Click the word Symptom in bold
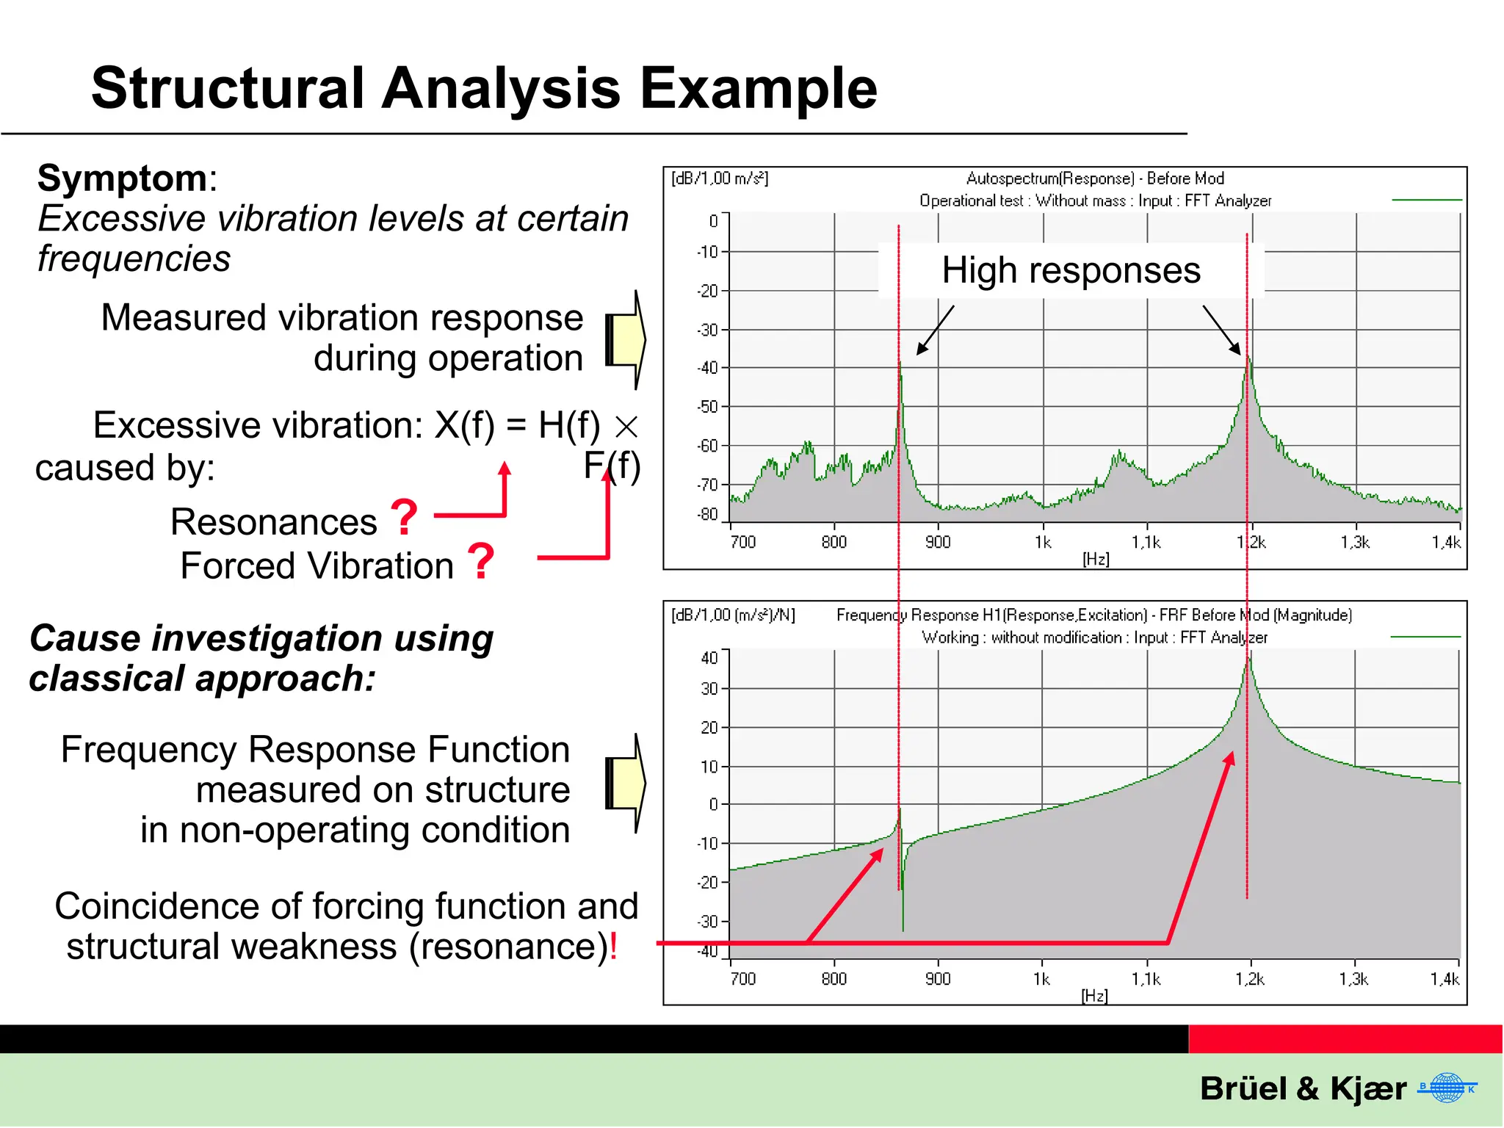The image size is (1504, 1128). click(122, 178)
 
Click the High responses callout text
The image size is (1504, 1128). click(1071, 270)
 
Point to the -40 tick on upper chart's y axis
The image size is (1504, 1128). click(708, 368)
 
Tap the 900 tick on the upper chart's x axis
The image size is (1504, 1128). click(938, 543)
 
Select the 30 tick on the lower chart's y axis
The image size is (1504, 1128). click(709, 689)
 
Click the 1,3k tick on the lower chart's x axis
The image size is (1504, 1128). click(1353, 979)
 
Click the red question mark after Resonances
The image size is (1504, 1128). click(404, 517)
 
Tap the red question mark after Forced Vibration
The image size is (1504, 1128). click(480, 562)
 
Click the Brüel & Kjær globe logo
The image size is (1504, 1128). click(1447, 1088)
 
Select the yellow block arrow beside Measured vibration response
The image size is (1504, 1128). click(626, 340)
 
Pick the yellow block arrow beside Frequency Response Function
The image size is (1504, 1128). click(626, 784)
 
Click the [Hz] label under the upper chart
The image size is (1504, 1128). click(1096, 560)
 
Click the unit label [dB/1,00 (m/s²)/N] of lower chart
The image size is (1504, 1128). click(733, 615)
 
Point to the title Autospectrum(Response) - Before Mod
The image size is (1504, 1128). click(1094, 178)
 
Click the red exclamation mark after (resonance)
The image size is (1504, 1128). click(613, 947)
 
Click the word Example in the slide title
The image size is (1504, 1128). click(759, 89)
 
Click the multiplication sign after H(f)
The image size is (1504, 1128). click(626, 427)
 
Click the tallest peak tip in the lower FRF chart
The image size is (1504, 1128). click(1248, 660)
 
